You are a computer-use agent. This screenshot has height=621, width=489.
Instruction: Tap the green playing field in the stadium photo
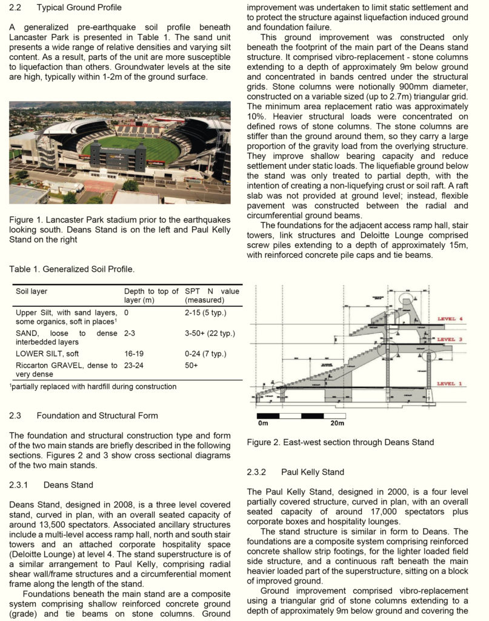(x=130, y=149)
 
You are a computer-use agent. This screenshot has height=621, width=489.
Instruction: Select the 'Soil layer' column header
(x=32, y=292)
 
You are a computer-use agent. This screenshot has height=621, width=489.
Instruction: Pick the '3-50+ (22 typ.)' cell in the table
(x=210, y=334)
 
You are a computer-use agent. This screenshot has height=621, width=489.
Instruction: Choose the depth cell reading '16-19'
(x=134, y=354)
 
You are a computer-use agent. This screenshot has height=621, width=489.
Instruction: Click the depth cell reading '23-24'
(x=134, y=366)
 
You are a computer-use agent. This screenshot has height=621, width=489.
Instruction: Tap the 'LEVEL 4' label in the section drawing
(x=454, y=318)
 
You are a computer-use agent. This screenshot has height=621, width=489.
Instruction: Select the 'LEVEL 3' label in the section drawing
(x=454, y=339)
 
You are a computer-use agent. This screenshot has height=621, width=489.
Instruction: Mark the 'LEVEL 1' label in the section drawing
(x=454, y=383)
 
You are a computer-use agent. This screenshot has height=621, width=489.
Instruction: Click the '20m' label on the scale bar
(x=337, y=423)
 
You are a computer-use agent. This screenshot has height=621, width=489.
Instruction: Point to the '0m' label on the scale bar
(x=263, y=423)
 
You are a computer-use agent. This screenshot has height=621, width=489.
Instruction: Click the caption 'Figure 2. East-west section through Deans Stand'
(x=340, y=442)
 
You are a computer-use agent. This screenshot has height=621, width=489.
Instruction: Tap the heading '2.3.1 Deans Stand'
(x=52, y=485)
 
